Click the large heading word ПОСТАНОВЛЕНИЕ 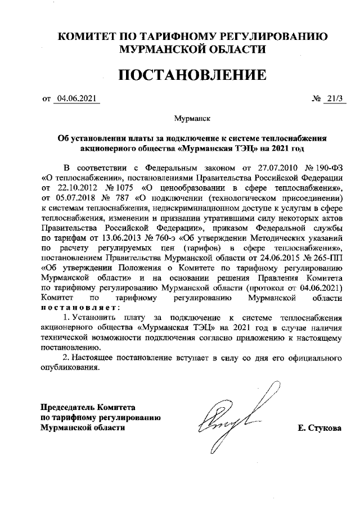coord(191,75)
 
